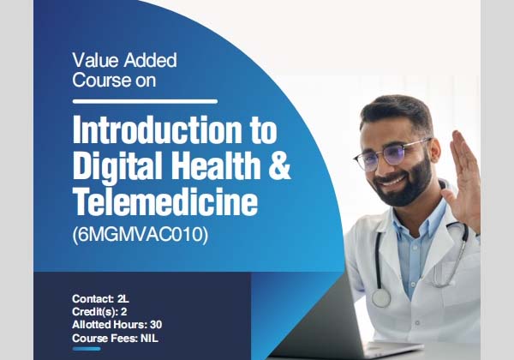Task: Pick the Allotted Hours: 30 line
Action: pos(116,324)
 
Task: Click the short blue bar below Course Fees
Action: pos(86,349)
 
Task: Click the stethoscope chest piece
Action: pos(380,297)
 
